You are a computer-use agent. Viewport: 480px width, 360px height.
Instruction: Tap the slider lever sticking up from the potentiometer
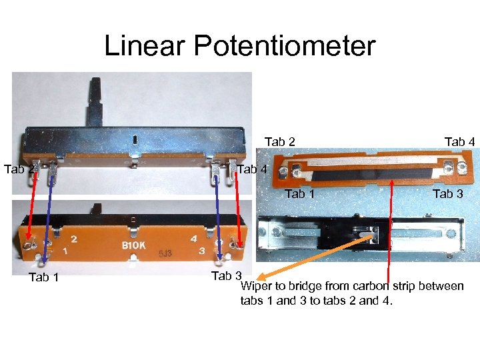[x=96, y=101]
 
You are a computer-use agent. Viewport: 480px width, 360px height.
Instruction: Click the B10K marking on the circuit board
[x=133, y=245]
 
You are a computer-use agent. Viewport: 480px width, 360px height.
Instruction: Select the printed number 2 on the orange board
[x=73, y=239]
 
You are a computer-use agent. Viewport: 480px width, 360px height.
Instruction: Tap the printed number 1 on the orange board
[x=65, y=252]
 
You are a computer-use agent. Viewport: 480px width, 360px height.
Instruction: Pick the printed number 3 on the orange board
[x=201, y=251]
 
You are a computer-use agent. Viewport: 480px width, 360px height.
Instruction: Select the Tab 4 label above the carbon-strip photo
[x=459, y=141]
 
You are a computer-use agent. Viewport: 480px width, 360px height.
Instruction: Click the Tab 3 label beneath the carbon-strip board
[x=447, y=194]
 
